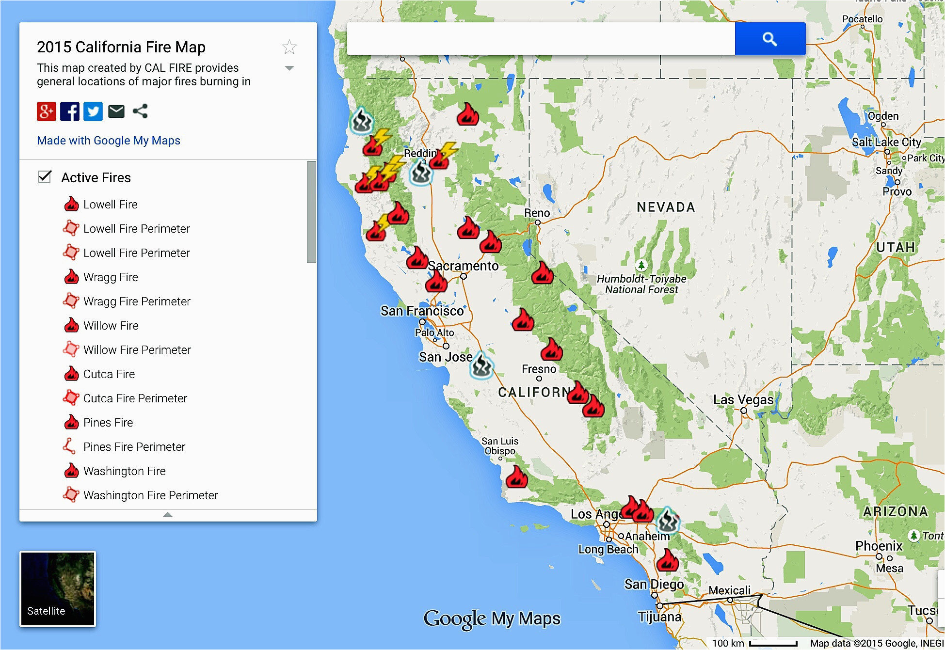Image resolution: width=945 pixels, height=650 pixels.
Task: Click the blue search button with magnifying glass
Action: click(770, 39)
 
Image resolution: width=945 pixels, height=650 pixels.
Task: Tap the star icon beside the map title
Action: click(289, 47)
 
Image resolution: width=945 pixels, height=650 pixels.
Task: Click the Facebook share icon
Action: click(70, 111)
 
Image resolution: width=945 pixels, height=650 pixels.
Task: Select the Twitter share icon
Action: click(93, 111)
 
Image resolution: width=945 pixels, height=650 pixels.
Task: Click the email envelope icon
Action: click(116, 111)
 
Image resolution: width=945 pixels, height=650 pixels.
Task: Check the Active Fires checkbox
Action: click(45, 177)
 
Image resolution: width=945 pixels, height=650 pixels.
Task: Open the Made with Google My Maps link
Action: click(109, 141)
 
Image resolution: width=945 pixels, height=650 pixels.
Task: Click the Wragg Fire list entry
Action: click(111, 277)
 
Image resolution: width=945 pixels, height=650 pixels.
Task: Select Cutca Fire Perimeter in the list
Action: click(135, 398)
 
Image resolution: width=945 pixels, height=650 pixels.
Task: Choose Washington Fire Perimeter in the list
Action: click(150, 495)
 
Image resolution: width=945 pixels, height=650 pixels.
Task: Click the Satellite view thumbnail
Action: click(58, 589)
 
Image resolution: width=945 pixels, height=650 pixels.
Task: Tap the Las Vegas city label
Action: click(743, 400)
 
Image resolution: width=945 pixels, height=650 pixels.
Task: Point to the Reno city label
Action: click(537, 213)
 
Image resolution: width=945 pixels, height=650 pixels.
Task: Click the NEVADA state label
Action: click(666, 207)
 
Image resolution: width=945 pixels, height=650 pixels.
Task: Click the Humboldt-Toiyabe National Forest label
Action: click(641, 284)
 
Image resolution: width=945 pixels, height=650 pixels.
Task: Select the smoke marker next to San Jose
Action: click(481, 366)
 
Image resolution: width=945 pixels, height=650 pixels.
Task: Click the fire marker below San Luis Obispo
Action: click(516, 477)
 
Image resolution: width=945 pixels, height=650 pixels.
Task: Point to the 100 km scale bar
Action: click(773, 643)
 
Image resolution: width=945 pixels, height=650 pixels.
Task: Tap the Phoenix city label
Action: click(878, 546)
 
